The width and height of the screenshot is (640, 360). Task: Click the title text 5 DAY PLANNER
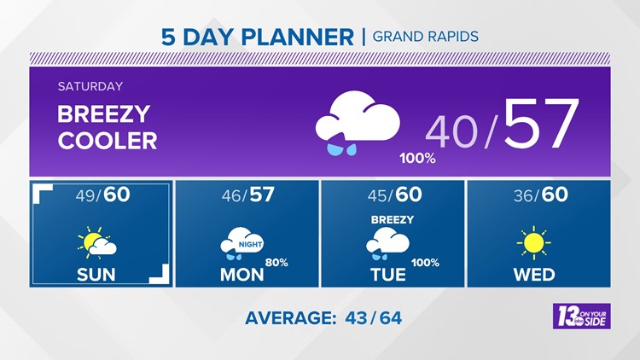257,37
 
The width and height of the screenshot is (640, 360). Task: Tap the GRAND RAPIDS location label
426,37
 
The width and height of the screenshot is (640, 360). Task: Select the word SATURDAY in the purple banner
90,86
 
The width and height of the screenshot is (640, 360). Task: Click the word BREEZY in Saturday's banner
104,114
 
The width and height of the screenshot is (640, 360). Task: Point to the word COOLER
108,140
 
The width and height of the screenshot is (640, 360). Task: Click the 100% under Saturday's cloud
417,159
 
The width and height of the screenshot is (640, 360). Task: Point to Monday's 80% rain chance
276,262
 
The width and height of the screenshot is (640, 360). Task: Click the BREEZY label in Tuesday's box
392,219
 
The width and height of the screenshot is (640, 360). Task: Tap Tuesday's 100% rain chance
425,262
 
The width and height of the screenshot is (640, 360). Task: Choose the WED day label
535,274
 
